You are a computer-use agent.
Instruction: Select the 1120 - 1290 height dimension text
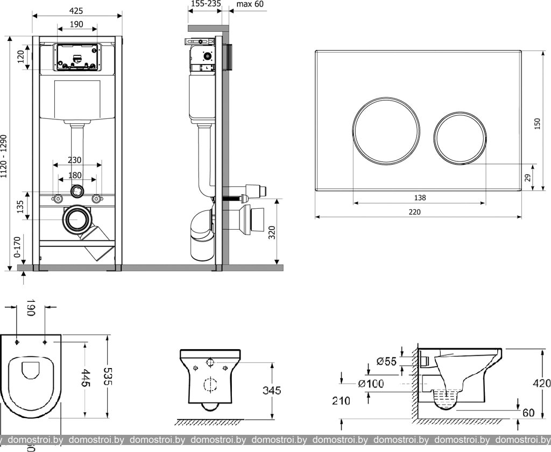(5, 156)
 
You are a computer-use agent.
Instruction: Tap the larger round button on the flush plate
(386, 131)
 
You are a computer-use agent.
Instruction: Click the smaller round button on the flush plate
(460, 138)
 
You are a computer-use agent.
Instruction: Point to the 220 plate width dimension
(414, 211)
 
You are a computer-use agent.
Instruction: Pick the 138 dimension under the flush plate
(420, 197)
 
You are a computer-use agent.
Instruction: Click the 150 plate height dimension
(537, 123)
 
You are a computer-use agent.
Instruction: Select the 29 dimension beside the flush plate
(528, 177)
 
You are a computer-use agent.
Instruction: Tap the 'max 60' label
(250, 4)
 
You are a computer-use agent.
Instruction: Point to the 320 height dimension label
(272, 232)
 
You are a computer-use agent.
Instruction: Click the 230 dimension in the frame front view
(75, 160)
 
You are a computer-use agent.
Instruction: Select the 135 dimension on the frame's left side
(20, 206)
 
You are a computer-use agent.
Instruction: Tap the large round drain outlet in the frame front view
(77, 220)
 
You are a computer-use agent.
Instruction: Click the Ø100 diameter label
(371, 384)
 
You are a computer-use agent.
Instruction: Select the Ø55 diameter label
(386, 362)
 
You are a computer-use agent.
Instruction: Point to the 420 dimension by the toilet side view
(541, 383)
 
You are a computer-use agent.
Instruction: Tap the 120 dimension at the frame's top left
(21, 56)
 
